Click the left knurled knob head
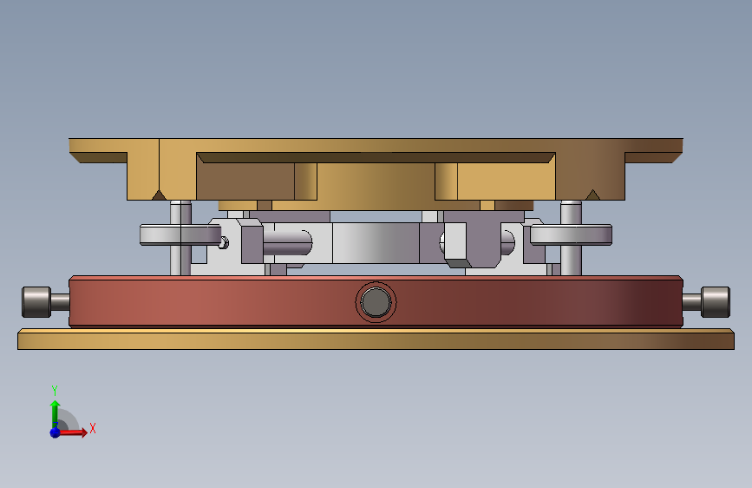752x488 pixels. point(36,302)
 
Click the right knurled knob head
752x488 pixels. point(715,302)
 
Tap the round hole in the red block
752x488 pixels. point(376,302)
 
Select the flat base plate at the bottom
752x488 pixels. point(376,340)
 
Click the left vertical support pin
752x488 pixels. point(180,238)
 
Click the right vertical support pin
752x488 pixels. point(571,238)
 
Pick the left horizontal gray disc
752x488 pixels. point(180,234)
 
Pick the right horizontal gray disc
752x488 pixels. point(571,234)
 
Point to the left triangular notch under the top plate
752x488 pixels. point(159,195)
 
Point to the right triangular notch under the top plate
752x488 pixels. point(592,195)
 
